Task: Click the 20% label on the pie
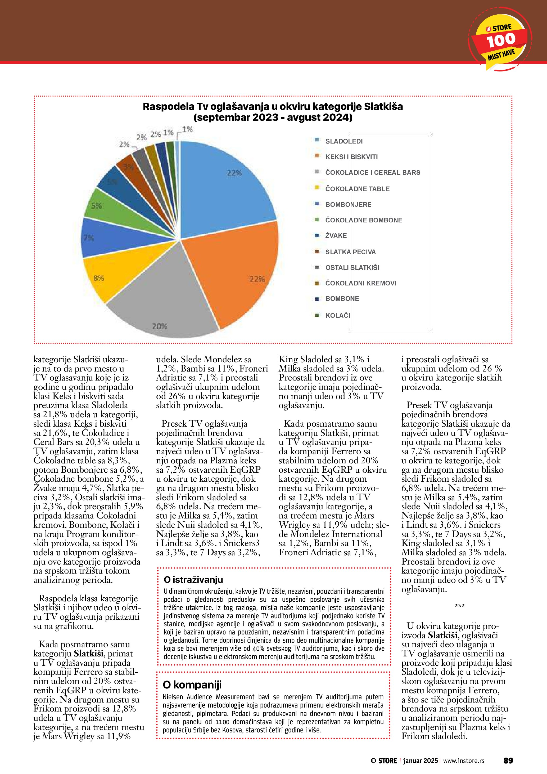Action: point(159,326)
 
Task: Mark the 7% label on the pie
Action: point(89,238)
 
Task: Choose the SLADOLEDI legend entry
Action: point(343,141)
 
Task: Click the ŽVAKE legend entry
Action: point(336,236)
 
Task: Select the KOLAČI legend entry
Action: point(337,316)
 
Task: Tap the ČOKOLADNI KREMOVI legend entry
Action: point(360,283)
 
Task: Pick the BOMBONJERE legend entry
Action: point(348,205)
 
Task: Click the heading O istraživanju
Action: point(193,580)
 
